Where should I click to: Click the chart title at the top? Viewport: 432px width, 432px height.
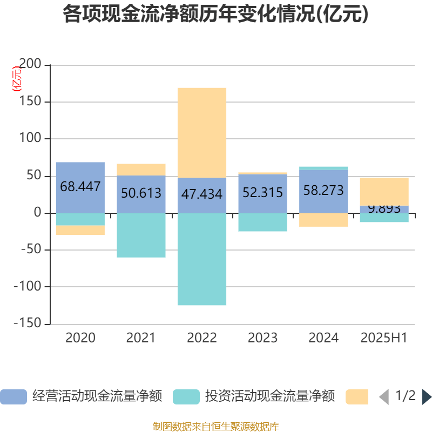(x=215, y=15)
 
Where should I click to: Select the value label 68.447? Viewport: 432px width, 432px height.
(x=80, y=187)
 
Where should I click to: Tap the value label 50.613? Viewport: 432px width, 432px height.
(x=141, y=193)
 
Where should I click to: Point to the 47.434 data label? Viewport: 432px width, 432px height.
(x=202, y=194)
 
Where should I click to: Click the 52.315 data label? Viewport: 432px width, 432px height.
(x=262, y=192)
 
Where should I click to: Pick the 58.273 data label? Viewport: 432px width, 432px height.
(x=323, y=191)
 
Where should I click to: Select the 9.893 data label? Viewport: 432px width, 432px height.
(x=384, y=209)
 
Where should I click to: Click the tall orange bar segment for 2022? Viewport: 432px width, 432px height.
(x=202, y=132)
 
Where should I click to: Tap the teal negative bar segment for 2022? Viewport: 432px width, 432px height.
(x=202, y=259)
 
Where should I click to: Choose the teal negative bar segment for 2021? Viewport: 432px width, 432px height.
(x=141, y=235)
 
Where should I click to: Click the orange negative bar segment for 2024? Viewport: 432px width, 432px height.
(x=323, y=220)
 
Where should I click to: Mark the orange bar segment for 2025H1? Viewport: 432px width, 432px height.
(x=384, y=191)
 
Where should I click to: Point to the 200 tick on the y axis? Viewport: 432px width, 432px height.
(x=30, y=65)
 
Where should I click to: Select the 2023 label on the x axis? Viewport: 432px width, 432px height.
(x=262, y=338)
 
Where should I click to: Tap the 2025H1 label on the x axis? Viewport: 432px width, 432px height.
(x=384, y=338)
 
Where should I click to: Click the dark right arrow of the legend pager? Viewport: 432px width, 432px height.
(x=426, y=397)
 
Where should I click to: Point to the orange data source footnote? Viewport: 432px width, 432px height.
(x=215, y=427)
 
